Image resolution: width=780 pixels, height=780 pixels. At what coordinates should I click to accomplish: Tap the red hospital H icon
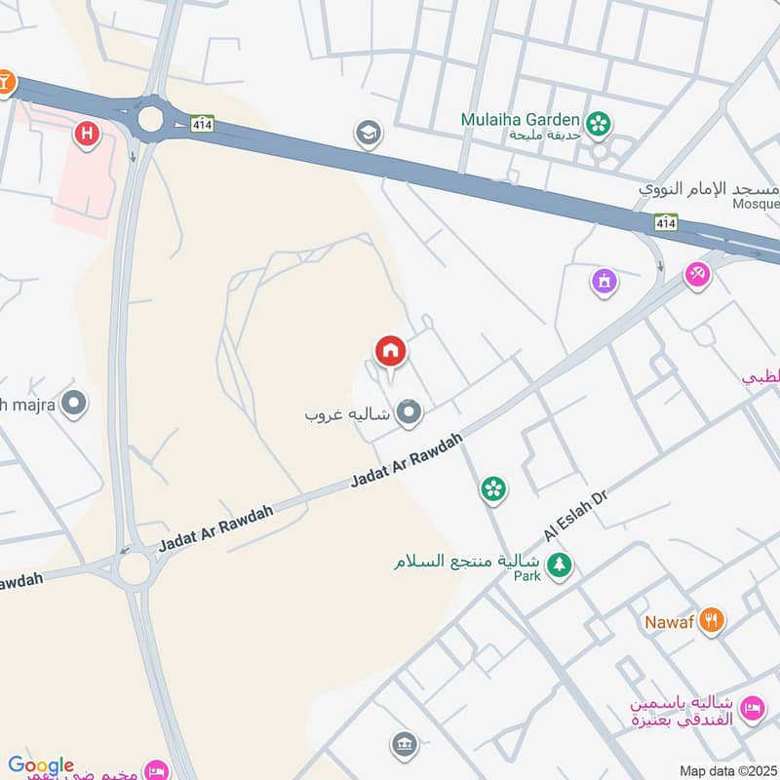point(88,134)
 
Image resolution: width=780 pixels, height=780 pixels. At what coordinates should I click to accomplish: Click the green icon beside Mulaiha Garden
point(600,123)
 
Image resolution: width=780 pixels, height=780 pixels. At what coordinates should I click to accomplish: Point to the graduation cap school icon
point(368,132)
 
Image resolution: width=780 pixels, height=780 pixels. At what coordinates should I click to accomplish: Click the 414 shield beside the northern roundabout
point(202,124)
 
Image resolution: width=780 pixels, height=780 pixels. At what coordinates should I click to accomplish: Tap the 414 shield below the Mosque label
point(666,223)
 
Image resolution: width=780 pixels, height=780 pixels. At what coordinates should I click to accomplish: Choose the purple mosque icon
point(604,283)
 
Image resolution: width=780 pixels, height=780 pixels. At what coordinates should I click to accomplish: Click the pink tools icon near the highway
point(697,275)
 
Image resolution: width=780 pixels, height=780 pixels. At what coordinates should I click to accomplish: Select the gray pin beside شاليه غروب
point(409,413)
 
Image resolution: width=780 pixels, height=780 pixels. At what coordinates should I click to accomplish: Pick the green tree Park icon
point(559,565)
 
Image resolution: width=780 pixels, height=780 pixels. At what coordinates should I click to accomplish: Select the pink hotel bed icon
point(752,709)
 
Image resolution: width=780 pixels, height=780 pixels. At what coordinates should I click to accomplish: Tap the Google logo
point(41,766)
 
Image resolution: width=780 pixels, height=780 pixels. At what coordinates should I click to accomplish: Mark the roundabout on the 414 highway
point(150,118)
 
